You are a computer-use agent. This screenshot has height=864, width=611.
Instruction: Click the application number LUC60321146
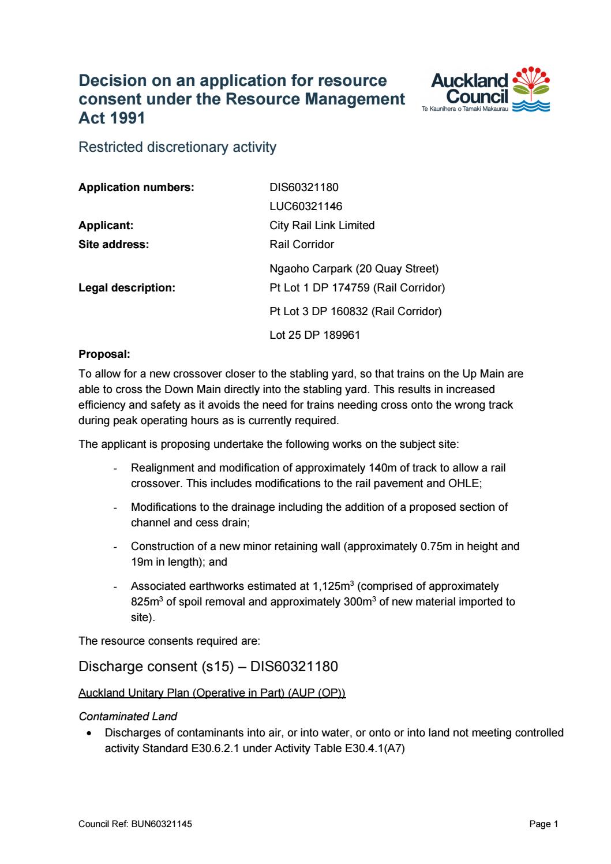click(306, 206)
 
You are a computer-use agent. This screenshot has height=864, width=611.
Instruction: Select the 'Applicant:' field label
click(106, 225)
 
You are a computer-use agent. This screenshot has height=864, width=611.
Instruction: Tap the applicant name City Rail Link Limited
click(322, 225)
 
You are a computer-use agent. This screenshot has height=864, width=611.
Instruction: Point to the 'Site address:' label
click(114, 244)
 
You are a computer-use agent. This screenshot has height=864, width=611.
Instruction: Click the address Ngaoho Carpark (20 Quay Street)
click(354, 268)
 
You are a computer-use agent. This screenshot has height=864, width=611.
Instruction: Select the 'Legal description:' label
click(126, 287)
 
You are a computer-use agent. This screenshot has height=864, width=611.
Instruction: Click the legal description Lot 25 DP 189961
click(314, 335)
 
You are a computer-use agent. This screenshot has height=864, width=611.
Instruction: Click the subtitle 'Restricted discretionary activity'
click(177, 147)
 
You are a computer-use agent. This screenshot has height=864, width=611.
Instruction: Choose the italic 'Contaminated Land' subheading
click(128, 717)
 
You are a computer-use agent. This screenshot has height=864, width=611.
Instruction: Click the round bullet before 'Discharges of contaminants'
click(89, 733)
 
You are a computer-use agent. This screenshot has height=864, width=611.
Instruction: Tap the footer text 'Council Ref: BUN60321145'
click(135, 824)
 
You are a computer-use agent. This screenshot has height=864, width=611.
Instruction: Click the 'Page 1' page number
click(543, 824)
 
